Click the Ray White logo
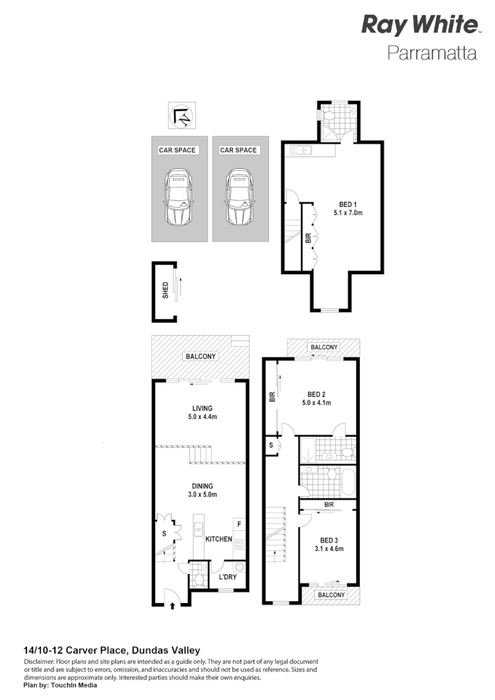419,26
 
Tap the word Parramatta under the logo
432,53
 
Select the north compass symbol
181,117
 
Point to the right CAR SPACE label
238,150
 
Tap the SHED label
165,291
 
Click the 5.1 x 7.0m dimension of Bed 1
348,212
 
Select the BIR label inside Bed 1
308,239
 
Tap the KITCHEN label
218,539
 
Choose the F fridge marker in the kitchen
238,526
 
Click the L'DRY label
228,579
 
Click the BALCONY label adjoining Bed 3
331,594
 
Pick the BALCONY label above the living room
200,356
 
